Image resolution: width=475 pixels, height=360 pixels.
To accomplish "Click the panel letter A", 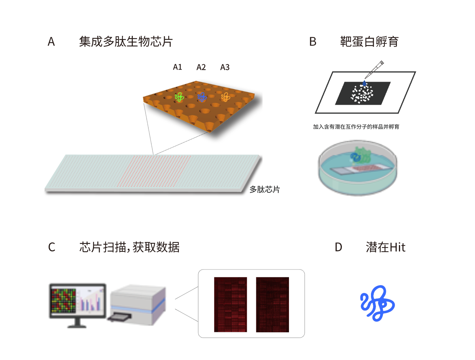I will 51,42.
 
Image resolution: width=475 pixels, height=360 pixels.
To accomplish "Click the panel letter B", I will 312,42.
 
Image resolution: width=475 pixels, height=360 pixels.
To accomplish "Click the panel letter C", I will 51,247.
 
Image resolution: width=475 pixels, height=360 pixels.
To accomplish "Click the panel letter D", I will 338,247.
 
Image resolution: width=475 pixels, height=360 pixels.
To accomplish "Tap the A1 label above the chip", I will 177,67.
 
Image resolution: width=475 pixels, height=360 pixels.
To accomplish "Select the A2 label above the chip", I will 201,67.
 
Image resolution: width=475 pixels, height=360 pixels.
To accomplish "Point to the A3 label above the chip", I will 225,67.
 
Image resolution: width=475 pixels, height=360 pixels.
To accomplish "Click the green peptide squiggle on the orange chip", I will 179,97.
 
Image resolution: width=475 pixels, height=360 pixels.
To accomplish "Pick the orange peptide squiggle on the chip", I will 225,97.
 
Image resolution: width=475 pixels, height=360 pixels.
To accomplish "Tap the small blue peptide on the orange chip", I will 202,97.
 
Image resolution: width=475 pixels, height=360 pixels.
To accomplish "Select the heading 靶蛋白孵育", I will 369,42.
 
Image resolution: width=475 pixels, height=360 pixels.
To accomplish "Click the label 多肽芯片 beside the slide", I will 264,190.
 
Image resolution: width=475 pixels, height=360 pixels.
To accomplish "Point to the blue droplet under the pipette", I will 364,83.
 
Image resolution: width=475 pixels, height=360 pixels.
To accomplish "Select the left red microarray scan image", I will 230,305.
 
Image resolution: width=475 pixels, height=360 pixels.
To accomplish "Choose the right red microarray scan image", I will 273,305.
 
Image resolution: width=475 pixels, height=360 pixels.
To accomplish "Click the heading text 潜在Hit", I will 386,247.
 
